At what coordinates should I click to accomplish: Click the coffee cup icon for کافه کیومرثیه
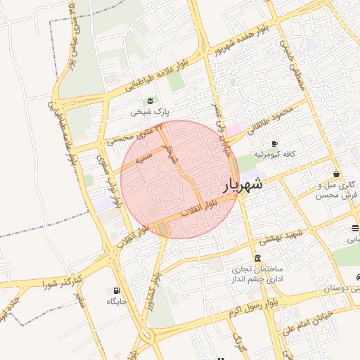point(274,143)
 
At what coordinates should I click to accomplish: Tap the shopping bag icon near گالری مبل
point(336,174)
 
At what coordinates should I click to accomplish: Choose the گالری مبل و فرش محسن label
point(334,189)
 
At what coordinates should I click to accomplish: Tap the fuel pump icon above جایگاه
point(116,290)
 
